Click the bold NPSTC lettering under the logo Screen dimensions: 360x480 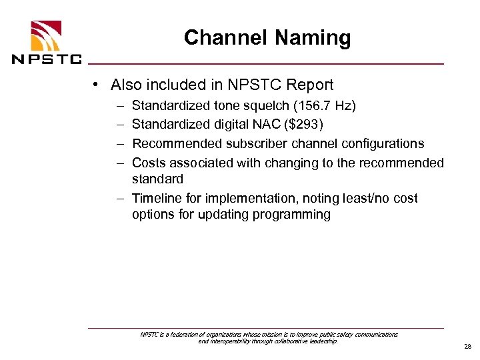pyautogui.click(x=47, y=59)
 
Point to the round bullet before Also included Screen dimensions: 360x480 pyautogui.click(x=97, y=85)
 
